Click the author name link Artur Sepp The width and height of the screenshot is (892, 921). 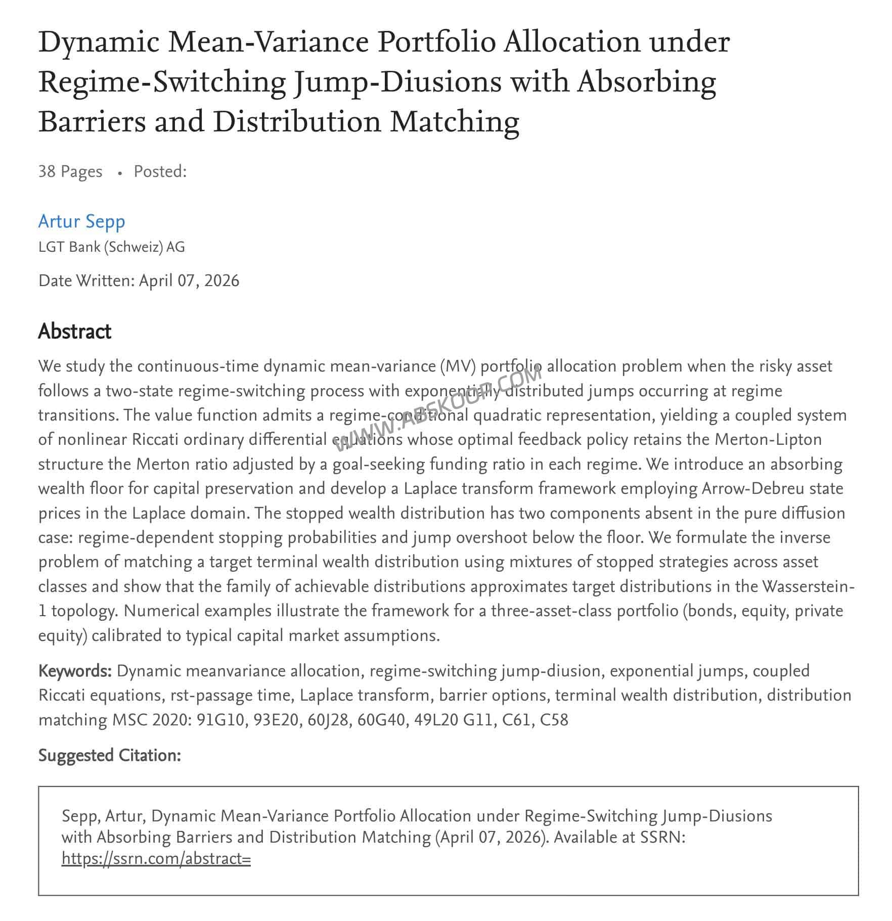(x=81, y=221)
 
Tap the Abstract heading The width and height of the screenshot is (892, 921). (x=74, y=332)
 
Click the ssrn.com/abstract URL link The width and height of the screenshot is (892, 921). (x=156, y=858)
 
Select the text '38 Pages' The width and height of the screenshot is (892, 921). (x=70, y=171)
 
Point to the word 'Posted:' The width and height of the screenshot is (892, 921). (x=160, y=171)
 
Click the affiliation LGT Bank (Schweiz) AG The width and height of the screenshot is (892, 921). (x=111, y=247)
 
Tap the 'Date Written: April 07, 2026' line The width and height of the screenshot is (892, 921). (x=139, y=281)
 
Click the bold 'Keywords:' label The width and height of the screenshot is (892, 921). (x=75, y=671)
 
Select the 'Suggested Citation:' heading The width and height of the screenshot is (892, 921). (x=109, y=755)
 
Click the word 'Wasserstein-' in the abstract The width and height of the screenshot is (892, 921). (x=808, y=586)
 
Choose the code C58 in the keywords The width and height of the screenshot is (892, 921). (x=554, y=720)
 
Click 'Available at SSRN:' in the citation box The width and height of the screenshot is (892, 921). (x=619, y=837)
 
